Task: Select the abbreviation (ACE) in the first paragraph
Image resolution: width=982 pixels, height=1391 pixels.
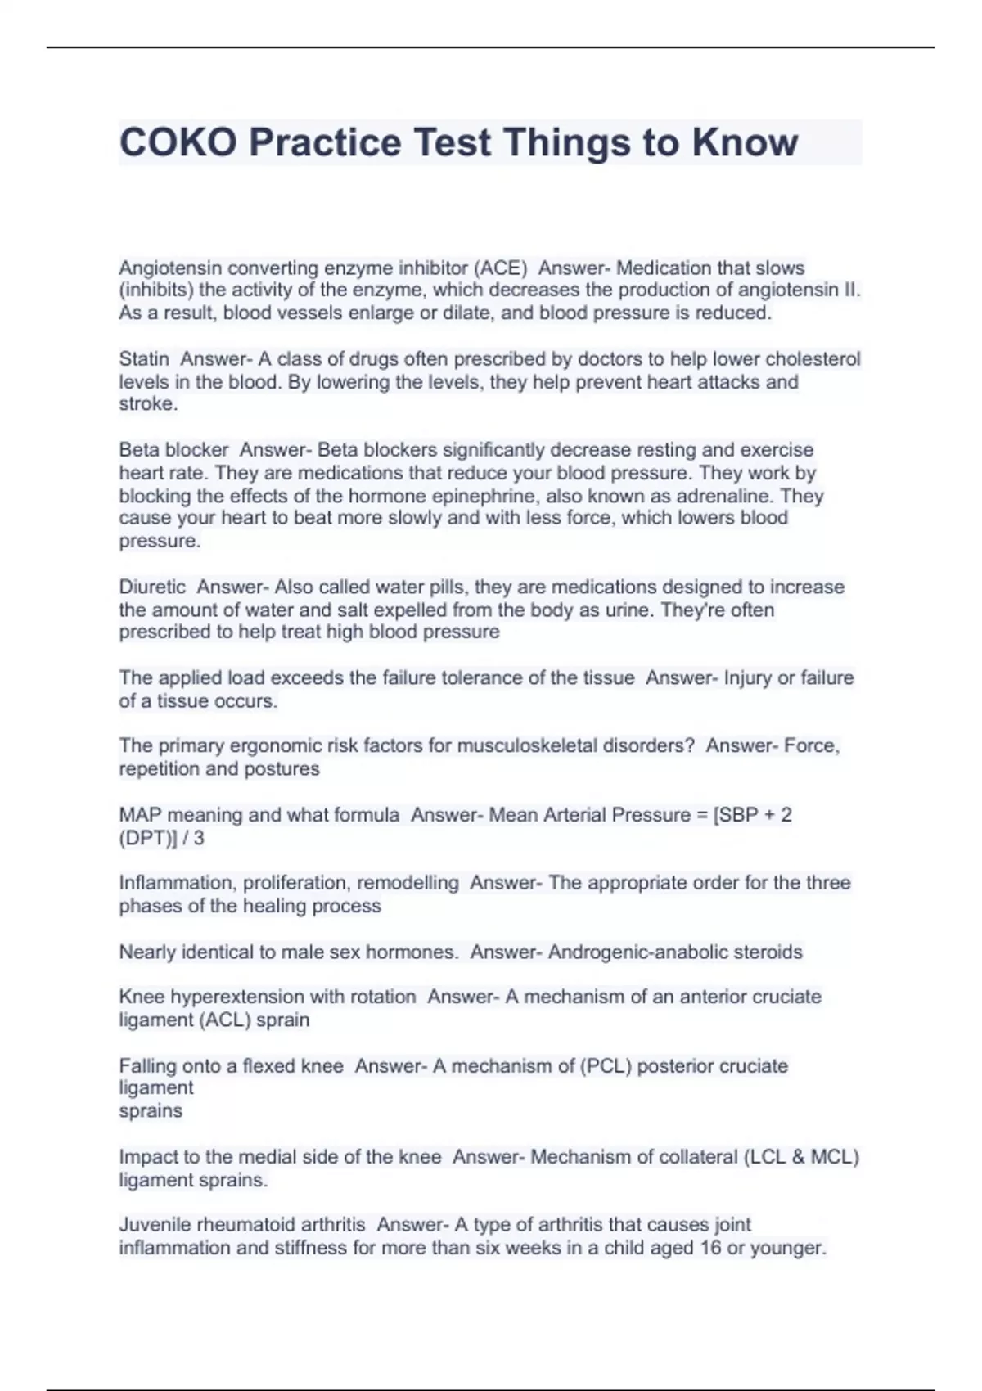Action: pyautogui.click(x=501, y=268)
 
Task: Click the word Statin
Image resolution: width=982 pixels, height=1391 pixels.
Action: pyautogui.click(x=144, y=358)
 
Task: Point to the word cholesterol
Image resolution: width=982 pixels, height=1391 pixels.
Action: pyautogui.click(x=813, y=358)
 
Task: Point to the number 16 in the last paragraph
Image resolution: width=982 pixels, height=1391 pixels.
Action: pyautogui.click(x=710, y=1248)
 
